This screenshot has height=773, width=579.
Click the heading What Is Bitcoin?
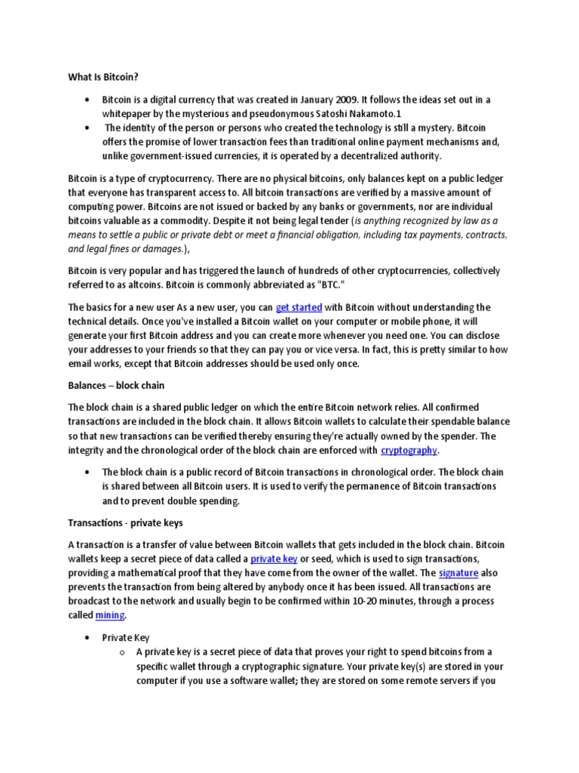[102, 77]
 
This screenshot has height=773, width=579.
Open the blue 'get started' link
[299, 307]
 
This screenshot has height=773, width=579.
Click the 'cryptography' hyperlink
[409, 451]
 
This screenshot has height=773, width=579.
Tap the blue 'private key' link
[274, 559]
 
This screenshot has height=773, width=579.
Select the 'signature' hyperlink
[458, 573]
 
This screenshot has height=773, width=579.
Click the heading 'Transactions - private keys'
[125, 522]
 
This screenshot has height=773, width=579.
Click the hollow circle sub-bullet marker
[121, 652]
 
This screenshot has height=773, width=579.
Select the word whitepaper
[130, 113]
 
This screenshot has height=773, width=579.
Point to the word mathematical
[149, 573]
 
